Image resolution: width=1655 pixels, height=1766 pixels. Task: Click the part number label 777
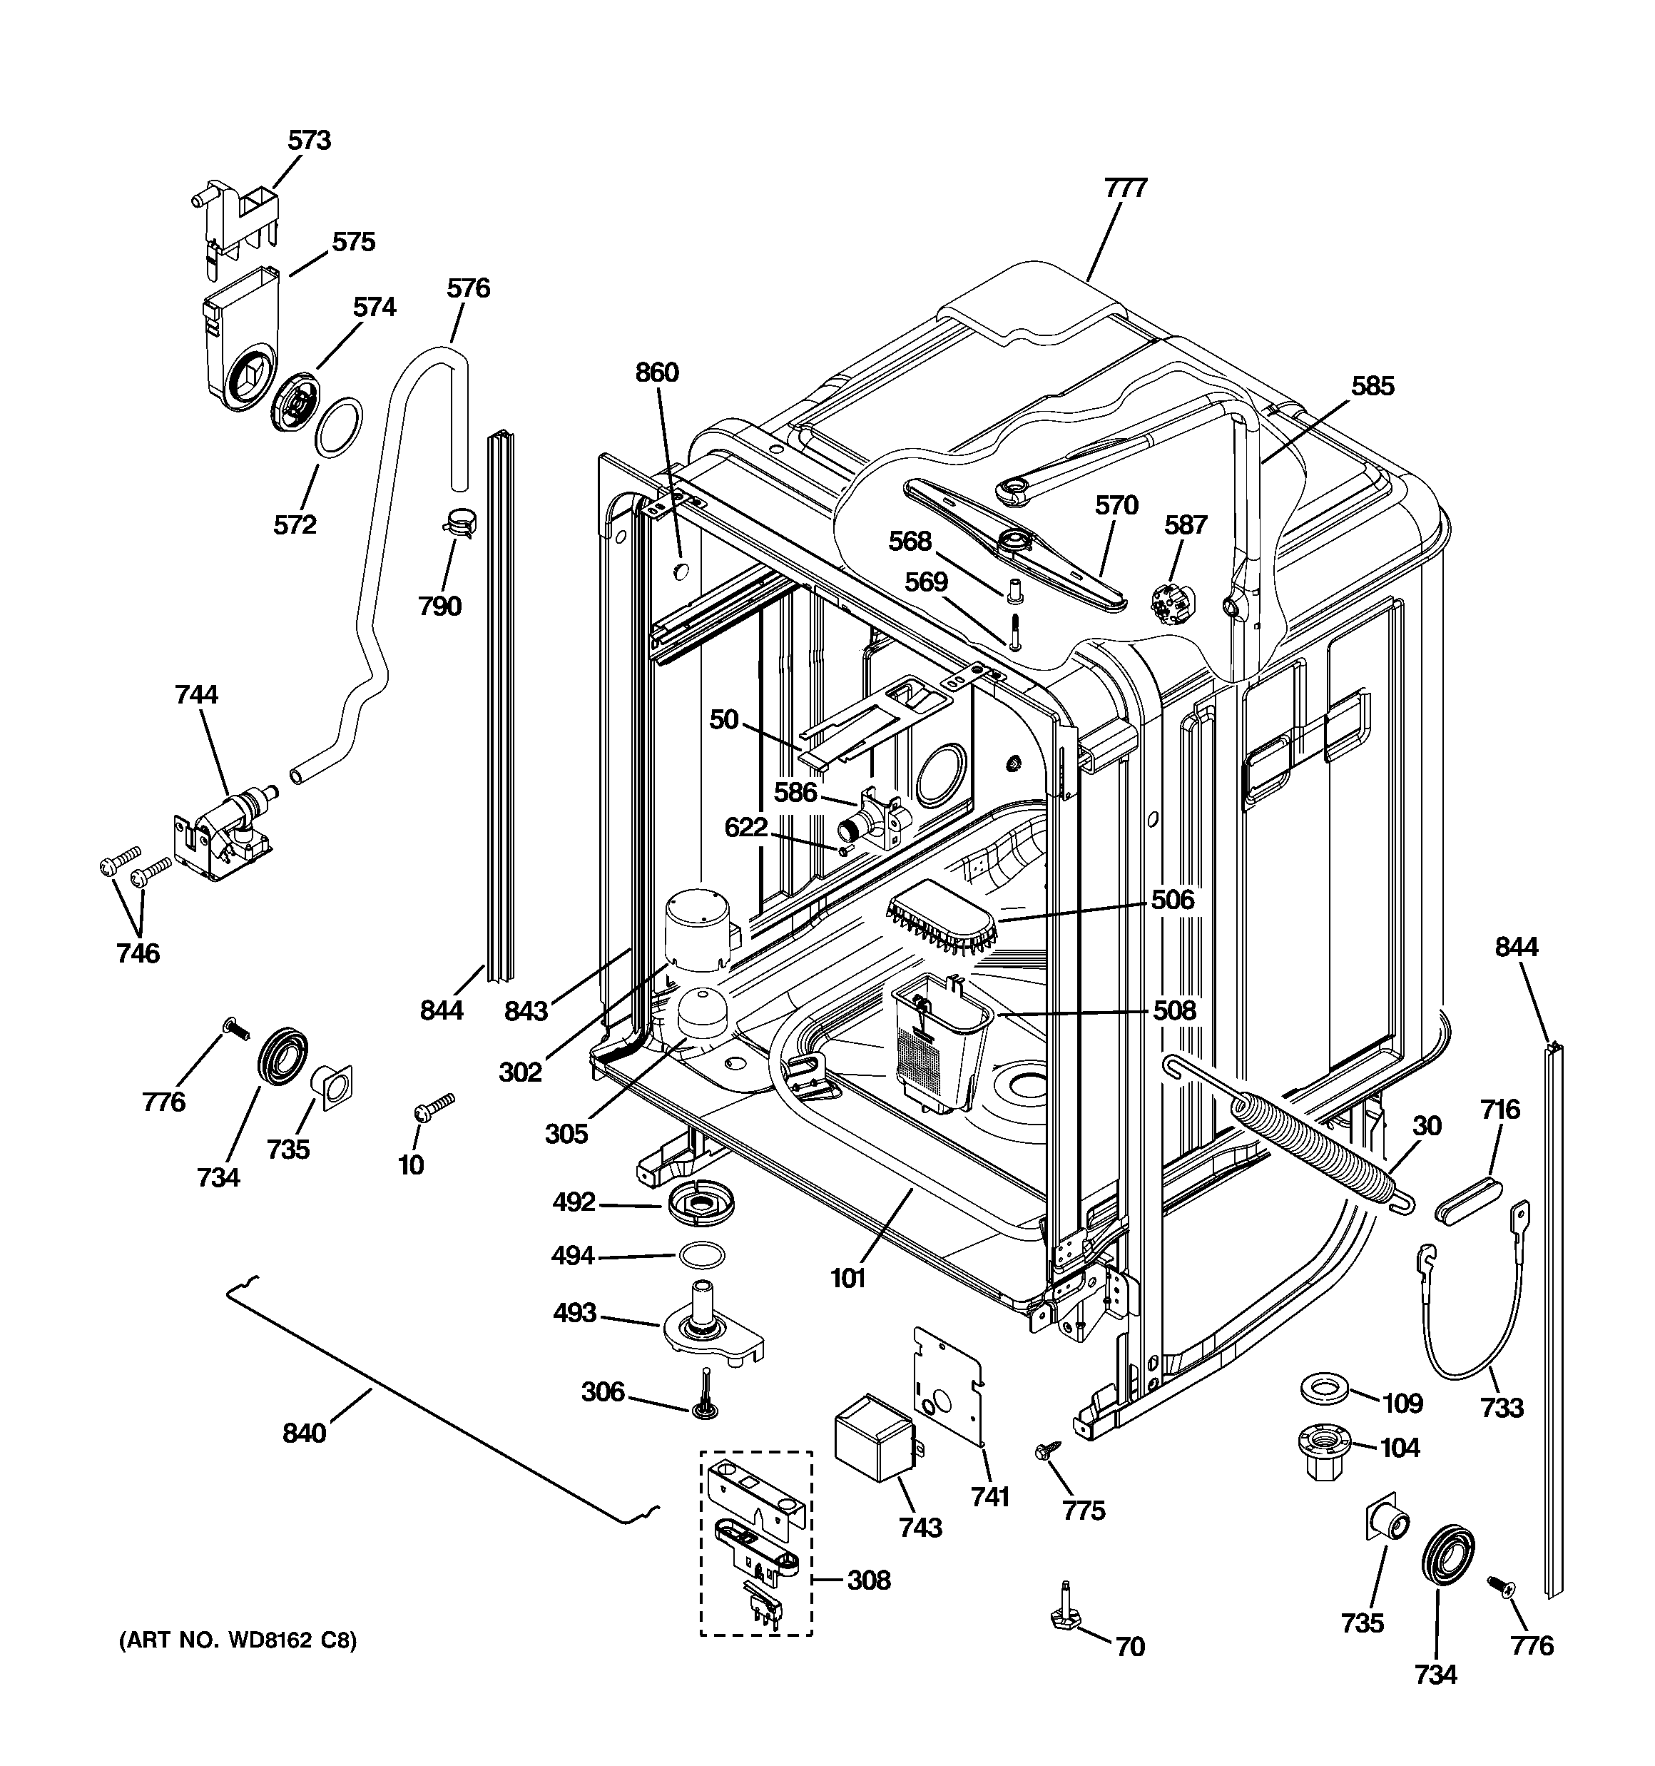pos(1126,188)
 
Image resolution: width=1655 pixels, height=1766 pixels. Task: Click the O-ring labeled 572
pos(338,428)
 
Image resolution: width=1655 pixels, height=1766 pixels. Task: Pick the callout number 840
pos(305,1433)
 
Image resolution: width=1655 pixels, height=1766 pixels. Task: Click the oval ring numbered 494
pos(701,1254)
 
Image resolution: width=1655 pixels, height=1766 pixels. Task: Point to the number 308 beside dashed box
pos(868,1580)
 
